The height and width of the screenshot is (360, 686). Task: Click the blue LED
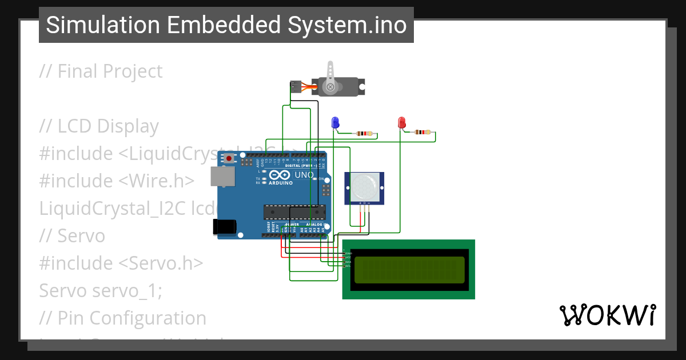tap(335, 122)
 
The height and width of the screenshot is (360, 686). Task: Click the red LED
tap(401, 122)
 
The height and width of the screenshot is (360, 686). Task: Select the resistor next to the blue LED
tap(364, 134)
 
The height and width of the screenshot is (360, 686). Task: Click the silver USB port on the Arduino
tap(222, 177)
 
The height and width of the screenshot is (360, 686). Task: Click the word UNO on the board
tap(304, 175)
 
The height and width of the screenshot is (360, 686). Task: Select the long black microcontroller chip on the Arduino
tap(293, 212)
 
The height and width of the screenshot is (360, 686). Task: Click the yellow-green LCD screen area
tap(409, 270)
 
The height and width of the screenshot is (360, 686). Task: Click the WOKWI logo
tap(607, 315)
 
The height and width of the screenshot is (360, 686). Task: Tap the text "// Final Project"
tap(101, 71)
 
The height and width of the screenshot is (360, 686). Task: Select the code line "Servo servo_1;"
tap(101, 290)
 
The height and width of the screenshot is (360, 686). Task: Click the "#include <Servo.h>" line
tap(121, 263)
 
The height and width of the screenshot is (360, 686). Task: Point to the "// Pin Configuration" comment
tap(123, 318)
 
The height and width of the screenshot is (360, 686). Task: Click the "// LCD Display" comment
tap(99, 126)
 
